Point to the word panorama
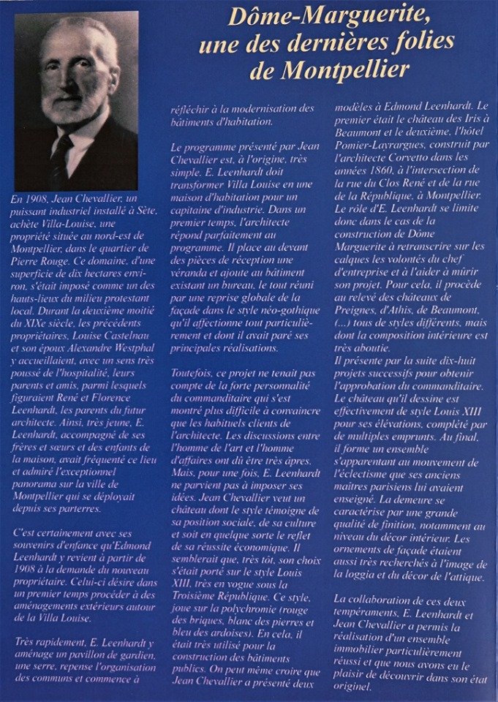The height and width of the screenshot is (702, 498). [x=35, y=482]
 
